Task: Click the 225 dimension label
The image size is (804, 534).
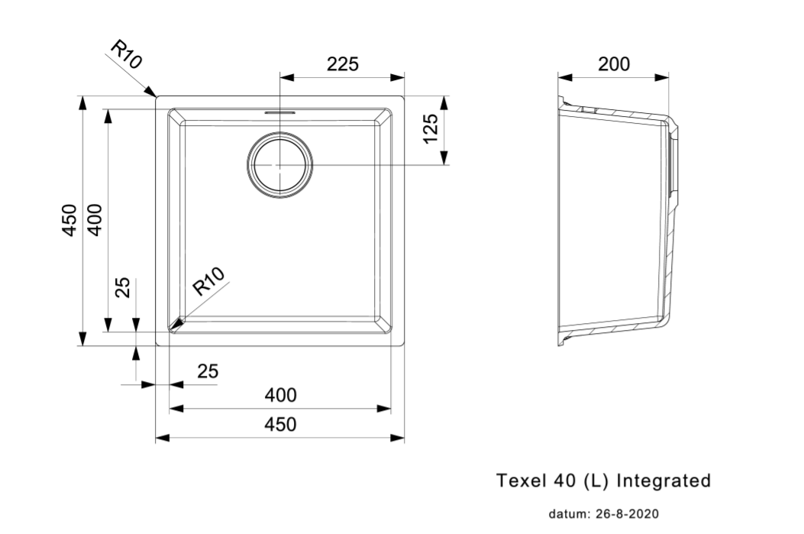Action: tap(343, 65)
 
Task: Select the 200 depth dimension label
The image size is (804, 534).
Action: tap(614, 64)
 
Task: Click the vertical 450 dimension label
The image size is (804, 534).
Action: tap(69, 220)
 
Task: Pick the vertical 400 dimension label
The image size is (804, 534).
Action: tap(95, 220)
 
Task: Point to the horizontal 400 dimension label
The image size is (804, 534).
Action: tap(280, 396)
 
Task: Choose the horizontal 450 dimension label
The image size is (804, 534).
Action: tap(280, 424)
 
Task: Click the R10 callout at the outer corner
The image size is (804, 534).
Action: tap(127, 55)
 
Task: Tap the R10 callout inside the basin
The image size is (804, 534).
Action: tap(208, 281)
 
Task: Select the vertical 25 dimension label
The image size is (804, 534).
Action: tap(123, 287)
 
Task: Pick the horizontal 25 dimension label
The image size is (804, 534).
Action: tap(208, 371)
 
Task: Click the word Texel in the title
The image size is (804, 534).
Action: tap(519, 481)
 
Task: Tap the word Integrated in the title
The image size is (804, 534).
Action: tap(663, 481)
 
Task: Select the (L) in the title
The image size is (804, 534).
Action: tap(596, 481)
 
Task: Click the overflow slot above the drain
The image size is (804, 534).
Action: tap(280, 112)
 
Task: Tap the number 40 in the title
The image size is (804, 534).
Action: tap(561, 481)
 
